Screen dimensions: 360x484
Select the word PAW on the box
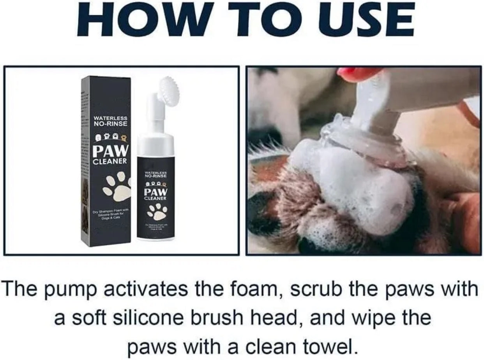[x=110, y=151]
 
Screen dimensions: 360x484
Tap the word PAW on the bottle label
[x=156, y=192]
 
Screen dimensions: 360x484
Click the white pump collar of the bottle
[x=156, y=142]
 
